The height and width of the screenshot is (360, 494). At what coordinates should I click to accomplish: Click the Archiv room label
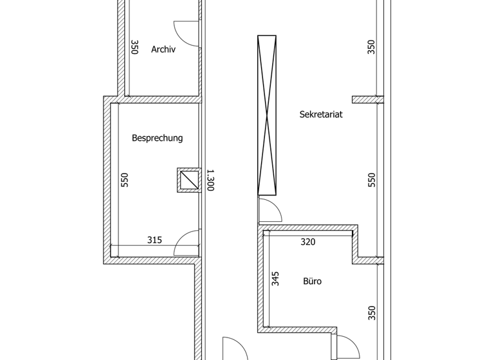[163, 50]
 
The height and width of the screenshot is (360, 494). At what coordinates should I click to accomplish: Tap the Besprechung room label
[157, 138]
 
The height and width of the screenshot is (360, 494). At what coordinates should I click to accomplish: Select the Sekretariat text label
[320, 115]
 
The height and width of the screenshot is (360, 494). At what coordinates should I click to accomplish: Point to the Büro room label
[312, 281]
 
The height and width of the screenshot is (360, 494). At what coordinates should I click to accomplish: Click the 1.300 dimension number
[210, 180]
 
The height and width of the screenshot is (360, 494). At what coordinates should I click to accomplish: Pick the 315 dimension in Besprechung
[154, 240]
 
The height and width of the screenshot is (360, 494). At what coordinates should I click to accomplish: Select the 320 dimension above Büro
[309, 242]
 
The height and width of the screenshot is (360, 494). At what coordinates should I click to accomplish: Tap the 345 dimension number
[275, 278]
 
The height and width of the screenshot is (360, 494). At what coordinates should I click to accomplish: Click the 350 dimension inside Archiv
[134, 47]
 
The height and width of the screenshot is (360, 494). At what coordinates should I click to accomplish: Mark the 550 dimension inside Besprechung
[125, 180]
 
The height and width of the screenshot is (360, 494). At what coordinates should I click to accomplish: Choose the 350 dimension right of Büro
[371, 313]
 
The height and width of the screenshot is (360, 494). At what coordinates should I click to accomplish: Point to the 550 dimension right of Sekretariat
[371, 180]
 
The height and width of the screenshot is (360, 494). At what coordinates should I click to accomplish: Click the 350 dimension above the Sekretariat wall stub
[371, 47]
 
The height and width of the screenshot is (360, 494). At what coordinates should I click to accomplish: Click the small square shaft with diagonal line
[188, 180]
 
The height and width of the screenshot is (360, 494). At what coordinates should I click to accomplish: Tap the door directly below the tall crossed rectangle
[268, 211]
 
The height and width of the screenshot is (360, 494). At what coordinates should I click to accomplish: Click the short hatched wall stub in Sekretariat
[367, 100]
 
